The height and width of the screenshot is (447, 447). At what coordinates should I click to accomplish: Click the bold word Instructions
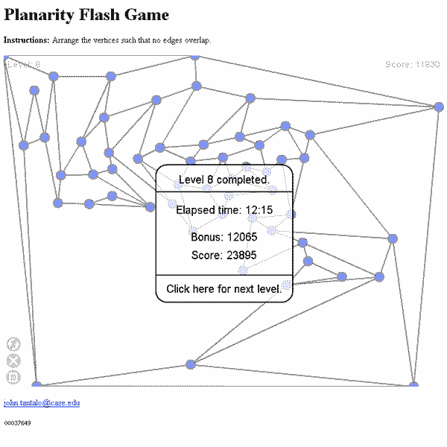point(27,39)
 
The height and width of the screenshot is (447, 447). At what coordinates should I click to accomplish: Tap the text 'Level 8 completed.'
point(223,180)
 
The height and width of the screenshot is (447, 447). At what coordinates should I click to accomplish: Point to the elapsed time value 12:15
point(259,210)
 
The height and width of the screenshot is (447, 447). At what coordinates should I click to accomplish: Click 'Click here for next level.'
point(223,288)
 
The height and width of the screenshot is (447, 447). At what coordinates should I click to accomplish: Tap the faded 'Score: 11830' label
point(412,65)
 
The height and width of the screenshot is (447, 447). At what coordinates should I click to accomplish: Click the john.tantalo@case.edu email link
point(42,403)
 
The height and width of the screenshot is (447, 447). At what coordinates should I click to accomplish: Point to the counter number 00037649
point(17,423)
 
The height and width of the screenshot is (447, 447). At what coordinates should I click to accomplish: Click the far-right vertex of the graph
point(439,107)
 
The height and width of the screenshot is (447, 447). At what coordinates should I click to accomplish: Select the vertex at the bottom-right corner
point(413,384)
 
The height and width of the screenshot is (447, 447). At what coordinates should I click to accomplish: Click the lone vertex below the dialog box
point(191,364)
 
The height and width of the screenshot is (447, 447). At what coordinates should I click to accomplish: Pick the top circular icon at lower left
point(13,343)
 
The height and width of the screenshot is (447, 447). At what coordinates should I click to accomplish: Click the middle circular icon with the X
point(13,361)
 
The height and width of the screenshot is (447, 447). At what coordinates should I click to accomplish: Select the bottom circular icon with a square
point(13,377)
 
